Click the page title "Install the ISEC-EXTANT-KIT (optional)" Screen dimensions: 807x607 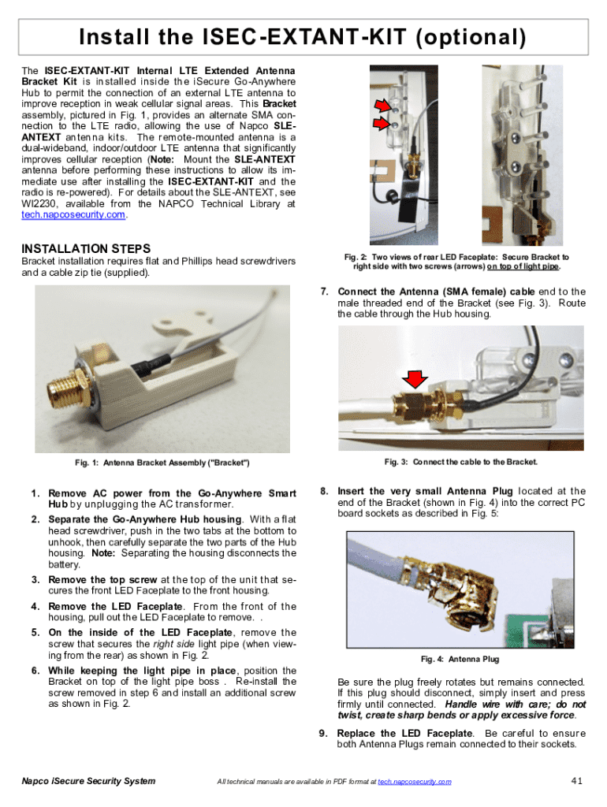coord(303,37)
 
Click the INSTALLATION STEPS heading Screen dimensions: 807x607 coord(86,248)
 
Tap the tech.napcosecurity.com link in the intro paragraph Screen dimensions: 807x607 coord(73,214)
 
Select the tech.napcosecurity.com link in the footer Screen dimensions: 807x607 coord(415,781)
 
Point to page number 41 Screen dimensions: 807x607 coord(575,781)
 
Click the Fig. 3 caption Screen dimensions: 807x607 coord(460,461)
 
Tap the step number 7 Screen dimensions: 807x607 coord(324,292)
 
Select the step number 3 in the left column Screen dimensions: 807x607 coord(35,580)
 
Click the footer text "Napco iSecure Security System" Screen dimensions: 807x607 coord(88,781)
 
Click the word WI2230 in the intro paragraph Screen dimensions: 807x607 coord(40,203)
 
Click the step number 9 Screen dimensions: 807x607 coord(323,734)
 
